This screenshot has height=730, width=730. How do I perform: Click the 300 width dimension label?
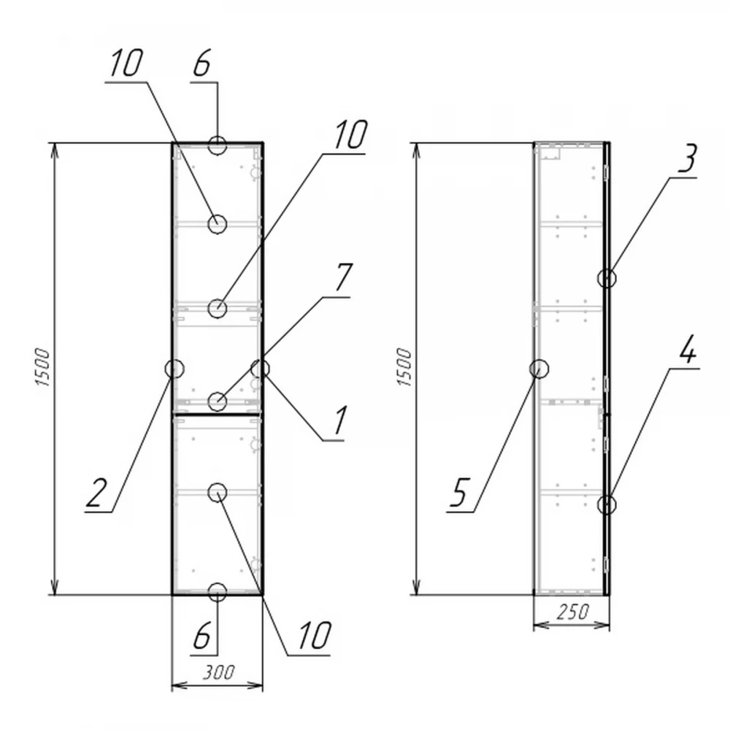[219, 672]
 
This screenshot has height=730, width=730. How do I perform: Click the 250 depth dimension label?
[572, 611]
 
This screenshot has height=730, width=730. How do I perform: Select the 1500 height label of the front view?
[42, 367]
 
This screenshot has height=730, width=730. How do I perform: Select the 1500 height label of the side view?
[404, 367]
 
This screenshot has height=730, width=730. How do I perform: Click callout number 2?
[97, 492]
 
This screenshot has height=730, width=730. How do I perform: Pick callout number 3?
[687, 158]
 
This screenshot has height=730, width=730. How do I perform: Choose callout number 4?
[687, 349]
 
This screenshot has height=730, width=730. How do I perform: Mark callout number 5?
[458, 492]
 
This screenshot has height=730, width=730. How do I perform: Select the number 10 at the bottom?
[314, 635]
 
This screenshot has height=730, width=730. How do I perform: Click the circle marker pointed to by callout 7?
[217, 401]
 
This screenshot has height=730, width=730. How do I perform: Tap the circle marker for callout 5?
[539, 369]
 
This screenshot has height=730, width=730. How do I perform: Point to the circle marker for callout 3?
[607, 278]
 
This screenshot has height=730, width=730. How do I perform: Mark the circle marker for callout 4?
[607, 504]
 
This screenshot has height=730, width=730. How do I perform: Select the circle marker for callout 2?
[174, 369]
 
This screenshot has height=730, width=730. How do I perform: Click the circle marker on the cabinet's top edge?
[218, 145]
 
